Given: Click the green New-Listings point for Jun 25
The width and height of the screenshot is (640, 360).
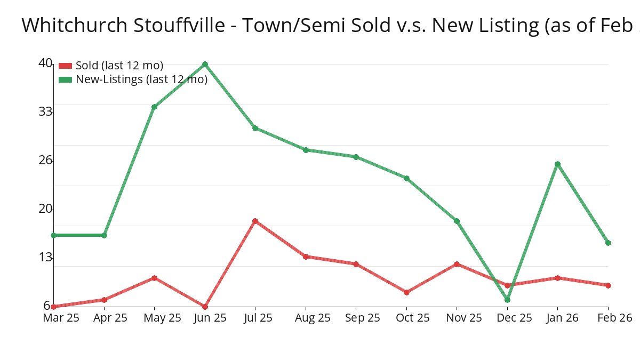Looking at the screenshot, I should (x=205, y=65).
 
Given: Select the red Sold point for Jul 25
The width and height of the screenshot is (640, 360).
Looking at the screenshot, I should (x=255, y=221).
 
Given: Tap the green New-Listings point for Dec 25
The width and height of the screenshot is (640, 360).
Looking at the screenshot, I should (x=507, y=300).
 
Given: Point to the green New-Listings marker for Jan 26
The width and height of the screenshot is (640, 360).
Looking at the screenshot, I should (x=557, y=164).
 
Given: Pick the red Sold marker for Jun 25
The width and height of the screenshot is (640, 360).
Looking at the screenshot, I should (x=205, y=307).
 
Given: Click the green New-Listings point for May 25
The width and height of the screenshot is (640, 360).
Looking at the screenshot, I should (x=154, y=107).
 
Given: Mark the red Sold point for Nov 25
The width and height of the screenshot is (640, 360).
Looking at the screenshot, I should (x=457, y=264).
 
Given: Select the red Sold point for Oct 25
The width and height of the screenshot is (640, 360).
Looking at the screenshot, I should (x=406, y=292).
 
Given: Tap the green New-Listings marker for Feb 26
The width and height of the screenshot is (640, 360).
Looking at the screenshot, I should (x=608, y=243).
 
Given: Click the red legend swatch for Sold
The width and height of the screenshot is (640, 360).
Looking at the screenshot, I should (x=65, y=66).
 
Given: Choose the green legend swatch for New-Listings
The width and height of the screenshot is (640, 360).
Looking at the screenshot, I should (x=65, y=79).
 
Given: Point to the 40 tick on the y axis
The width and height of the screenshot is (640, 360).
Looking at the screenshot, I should (x=45, y=63).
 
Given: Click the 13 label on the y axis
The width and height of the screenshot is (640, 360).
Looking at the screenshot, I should (x=45, y=258).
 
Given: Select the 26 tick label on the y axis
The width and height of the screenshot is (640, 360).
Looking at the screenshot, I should (x=45, y=160).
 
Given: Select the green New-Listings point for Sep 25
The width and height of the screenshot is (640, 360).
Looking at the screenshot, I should (x=356, y=157).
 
